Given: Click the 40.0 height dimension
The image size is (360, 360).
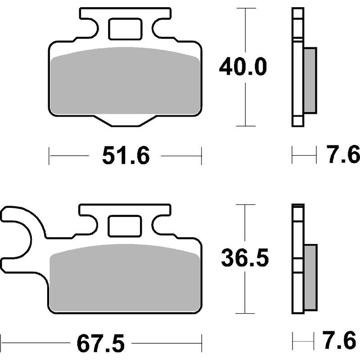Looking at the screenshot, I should (x=243, y=67).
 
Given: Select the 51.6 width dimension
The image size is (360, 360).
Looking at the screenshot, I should (x=126, y=157).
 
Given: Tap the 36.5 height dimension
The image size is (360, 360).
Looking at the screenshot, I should (x=245, y=258).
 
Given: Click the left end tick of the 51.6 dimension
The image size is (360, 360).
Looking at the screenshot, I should (x=49, y=157).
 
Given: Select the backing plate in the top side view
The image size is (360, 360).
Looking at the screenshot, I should (x=297, y=67).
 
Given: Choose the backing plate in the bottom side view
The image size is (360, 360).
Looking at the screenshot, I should (x=297, y=261).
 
